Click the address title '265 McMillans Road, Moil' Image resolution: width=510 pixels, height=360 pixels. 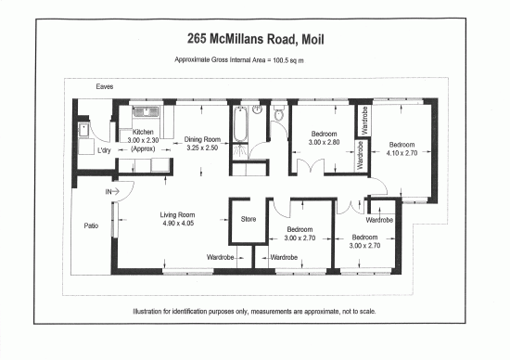tap(254, 40)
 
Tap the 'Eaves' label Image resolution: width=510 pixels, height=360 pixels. tap(105, 87)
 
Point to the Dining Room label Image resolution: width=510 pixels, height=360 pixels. tap(200, 142)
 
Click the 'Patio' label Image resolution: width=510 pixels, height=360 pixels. tap(91, 225)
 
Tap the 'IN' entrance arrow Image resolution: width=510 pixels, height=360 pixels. tap(117, 191)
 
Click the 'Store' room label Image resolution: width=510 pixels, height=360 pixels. tap(248, 220)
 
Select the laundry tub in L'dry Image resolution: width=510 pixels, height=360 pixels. tap(83, 130)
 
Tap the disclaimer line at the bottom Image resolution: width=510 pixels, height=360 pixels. tap(254, 311)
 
